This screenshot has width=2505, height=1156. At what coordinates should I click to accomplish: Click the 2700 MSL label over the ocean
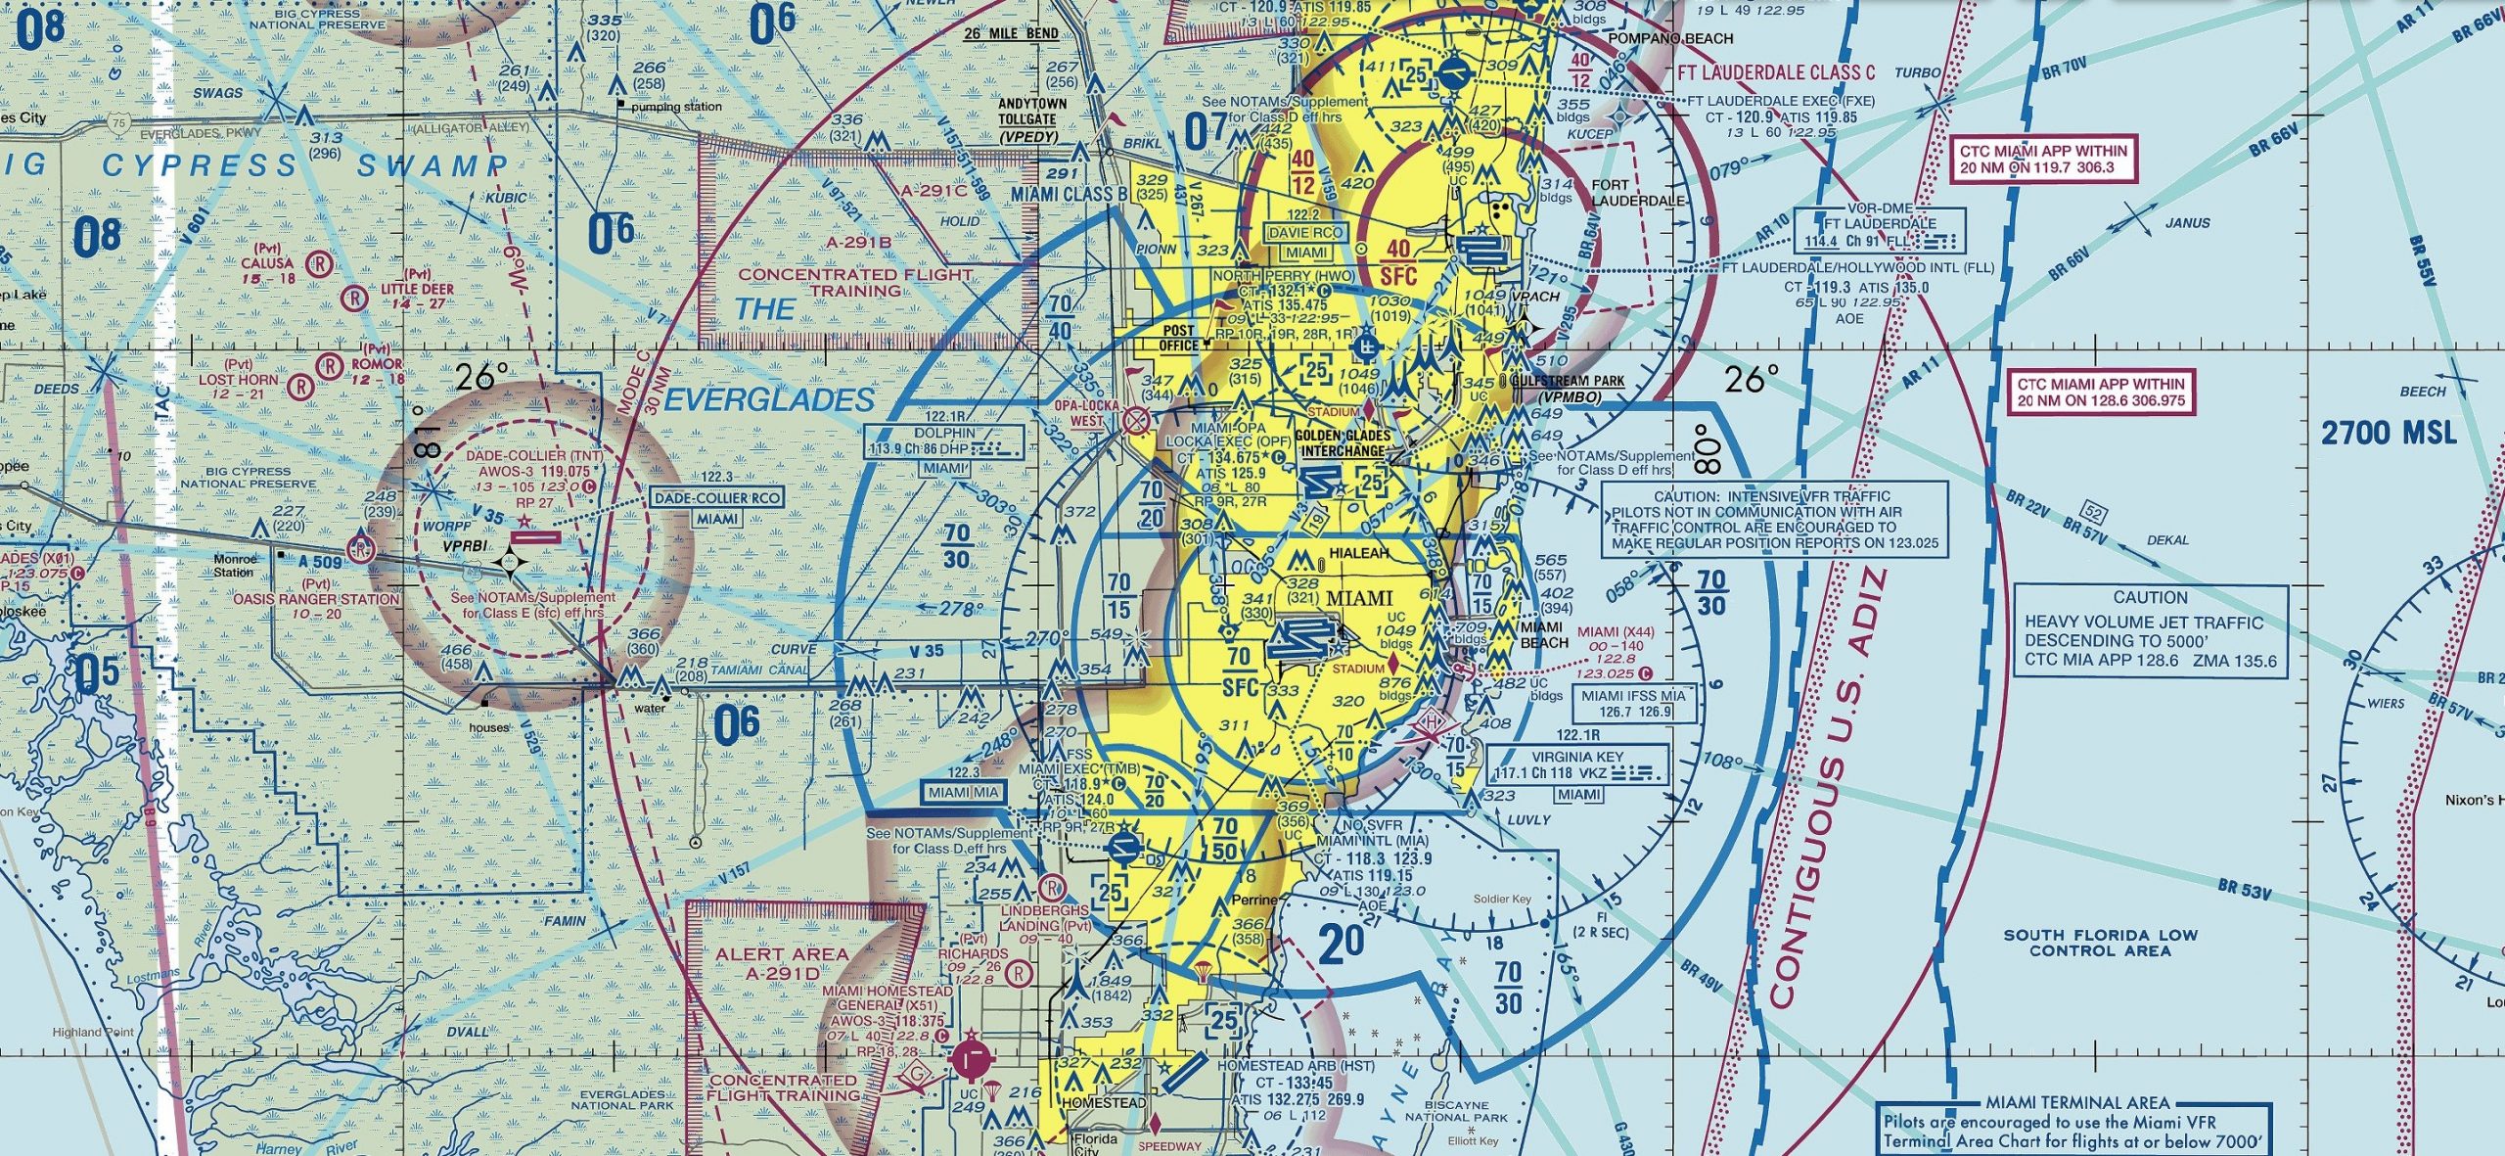point(2389,433)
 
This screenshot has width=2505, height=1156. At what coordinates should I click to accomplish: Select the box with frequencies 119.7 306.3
point(2043,160)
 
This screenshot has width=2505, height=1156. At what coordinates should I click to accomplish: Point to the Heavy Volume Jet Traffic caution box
point(2150,629)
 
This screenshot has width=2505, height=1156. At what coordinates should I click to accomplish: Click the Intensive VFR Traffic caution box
point(1774,520)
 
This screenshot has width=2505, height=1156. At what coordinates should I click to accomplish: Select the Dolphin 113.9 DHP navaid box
point(944,441)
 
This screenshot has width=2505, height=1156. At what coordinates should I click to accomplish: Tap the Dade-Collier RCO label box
point(717,498)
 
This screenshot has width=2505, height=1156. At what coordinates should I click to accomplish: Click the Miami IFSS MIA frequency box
point(1632,703)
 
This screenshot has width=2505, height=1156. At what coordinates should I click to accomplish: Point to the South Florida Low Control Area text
point(2100,943)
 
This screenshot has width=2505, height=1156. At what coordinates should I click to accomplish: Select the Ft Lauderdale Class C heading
point(1777,72)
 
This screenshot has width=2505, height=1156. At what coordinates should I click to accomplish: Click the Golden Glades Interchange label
point(1344,443)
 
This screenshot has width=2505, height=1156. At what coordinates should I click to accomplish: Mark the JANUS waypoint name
point(2188,222)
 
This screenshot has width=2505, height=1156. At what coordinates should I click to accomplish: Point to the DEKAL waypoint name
point(2167,539)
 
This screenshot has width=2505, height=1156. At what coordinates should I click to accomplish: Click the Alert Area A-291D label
point(782,963)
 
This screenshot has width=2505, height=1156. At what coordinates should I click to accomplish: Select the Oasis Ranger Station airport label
point(315,598)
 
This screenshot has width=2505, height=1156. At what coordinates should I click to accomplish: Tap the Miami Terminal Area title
point(2077,1102)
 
